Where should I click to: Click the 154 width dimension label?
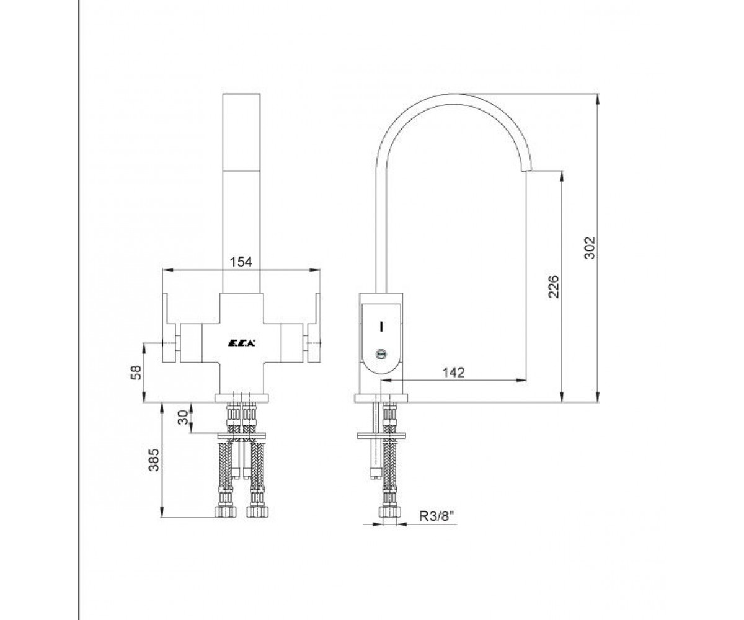coord(241,262)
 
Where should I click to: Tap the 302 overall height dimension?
coord(590,247)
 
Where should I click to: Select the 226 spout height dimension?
coord(554,286)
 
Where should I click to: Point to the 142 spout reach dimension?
coord(454,373)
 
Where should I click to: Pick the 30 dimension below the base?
coord(182,417)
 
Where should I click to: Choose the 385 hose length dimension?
coord(154,459)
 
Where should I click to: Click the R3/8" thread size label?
coord(437,516)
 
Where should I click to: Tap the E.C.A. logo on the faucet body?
coord(241,343)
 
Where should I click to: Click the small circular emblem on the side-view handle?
coord(382,354)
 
